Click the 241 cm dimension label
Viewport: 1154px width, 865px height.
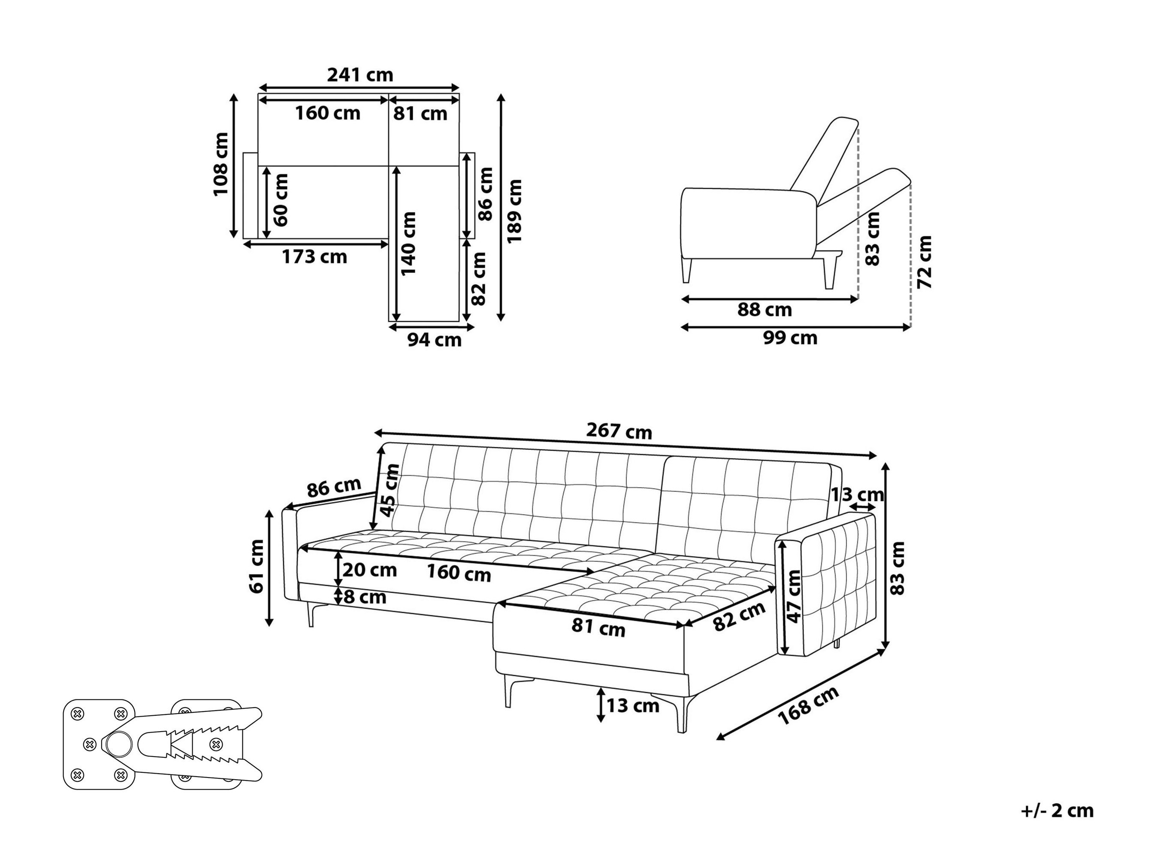pyautogui.click(x=360, y=75)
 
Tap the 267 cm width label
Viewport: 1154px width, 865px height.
pyautogui.click(x=619, y=431)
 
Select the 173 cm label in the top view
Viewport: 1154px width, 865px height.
pyautogui.click(x=314, y=256)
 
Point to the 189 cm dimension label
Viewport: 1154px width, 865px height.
pyautogui.click(x=514, y=211)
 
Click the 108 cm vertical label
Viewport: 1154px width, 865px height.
pyautogui.click(x=221, y=164)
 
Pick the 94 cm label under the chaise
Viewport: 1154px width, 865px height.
pyautogui.click(x=435, y=340)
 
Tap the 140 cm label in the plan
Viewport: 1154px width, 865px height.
pyautogui.click(x=408, y=244)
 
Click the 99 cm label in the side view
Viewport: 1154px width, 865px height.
pyautogui.click(x=790, y=338)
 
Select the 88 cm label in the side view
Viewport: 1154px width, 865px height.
pyautogui.click(x=764, y=310)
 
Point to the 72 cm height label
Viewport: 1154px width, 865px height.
pyautogui.click(x=924, y=262)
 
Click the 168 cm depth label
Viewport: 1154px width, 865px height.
pyautogui.click(x=808, y=705)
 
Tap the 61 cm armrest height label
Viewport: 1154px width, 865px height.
pyautogui.click(x=256, y=567)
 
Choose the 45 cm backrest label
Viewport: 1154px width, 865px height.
pyautogui.click(x=390, y=490)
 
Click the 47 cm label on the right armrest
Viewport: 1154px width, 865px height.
pyautogui.click(x=794, y=597)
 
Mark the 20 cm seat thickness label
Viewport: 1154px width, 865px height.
pyautogui.click(x=369, y=570)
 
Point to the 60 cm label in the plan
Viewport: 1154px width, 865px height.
pyautogui.click(x=280, y=200)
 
